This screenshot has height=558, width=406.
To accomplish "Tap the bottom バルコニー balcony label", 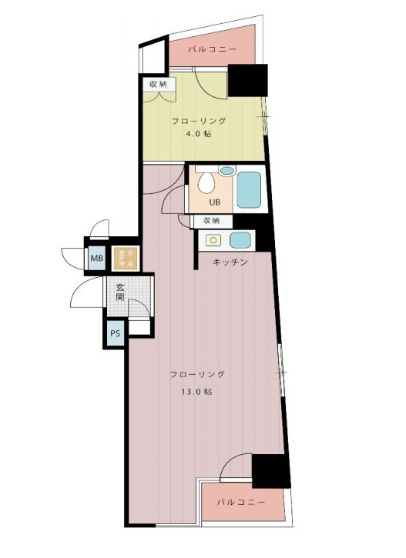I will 240,502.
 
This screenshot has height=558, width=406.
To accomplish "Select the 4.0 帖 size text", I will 198,134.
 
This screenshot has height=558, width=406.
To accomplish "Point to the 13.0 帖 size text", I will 198,391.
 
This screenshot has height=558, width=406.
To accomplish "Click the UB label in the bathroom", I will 216,203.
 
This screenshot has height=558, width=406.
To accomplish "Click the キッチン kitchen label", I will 230,262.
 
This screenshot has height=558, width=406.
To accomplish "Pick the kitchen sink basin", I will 240,240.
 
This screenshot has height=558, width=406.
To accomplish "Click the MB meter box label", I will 96,258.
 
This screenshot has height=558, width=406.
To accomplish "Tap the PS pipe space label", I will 115,334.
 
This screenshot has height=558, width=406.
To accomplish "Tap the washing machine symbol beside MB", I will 124,258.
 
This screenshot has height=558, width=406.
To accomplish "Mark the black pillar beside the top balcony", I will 247,80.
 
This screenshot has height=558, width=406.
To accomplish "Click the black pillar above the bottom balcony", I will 270,471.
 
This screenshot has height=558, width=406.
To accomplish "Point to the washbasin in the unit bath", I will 226,171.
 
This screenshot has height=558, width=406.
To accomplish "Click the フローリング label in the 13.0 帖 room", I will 197,374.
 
